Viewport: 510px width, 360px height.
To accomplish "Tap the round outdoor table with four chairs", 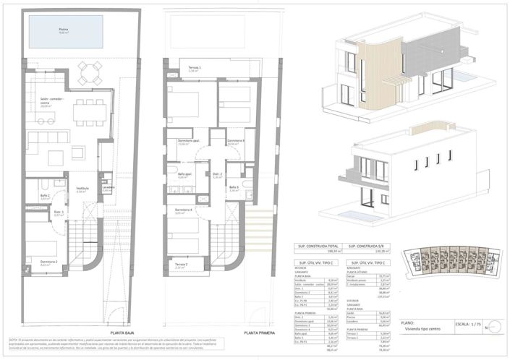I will (x=90, y=70).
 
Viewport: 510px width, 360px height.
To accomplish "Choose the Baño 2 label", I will (x=45, y=197).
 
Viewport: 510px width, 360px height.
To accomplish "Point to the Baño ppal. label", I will (x=184, y=174).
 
